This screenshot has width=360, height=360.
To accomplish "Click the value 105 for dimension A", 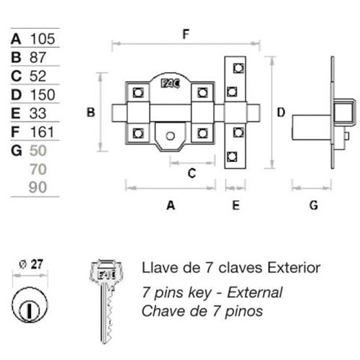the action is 42,39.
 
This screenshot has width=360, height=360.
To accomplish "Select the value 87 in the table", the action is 37,58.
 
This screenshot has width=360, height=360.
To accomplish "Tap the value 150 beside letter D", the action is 42,94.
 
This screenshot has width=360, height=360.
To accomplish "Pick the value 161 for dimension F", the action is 42,132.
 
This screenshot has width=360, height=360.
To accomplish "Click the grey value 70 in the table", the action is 38,169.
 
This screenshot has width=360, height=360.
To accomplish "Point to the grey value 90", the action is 37,187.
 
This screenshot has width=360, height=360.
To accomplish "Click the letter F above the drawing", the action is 186,34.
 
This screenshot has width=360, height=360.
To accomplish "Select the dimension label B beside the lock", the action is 91,112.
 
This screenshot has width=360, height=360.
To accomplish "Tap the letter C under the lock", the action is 192,173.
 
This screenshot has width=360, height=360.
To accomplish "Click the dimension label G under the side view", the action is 314,205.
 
